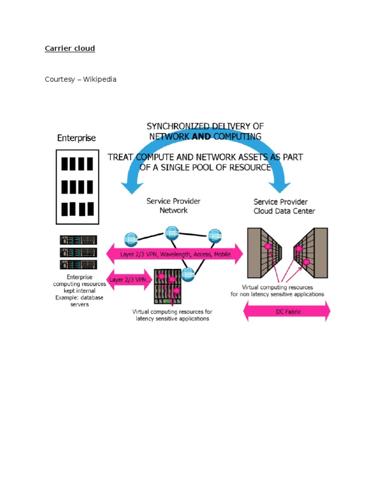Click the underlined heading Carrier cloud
click(x=70, y=48)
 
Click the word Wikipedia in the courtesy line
click(x=100, y=79)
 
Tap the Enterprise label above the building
click(x=76, y=138)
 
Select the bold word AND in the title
click(x=201, y=136)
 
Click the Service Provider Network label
click(x=173, y=206)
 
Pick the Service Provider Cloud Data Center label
click(x=284, y=206)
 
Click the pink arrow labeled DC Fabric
click(x=287, y=311)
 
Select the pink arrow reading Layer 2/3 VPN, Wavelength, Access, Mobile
click(x=175, y=254)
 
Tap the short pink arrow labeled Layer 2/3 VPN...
click(x=130, y=280)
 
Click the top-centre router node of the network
click(x=172, y=231)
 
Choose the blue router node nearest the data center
click(x=214, y=235)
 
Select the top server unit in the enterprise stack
click(x=77, y=240)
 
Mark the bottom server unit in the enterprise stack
click(x=77, y=264)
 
